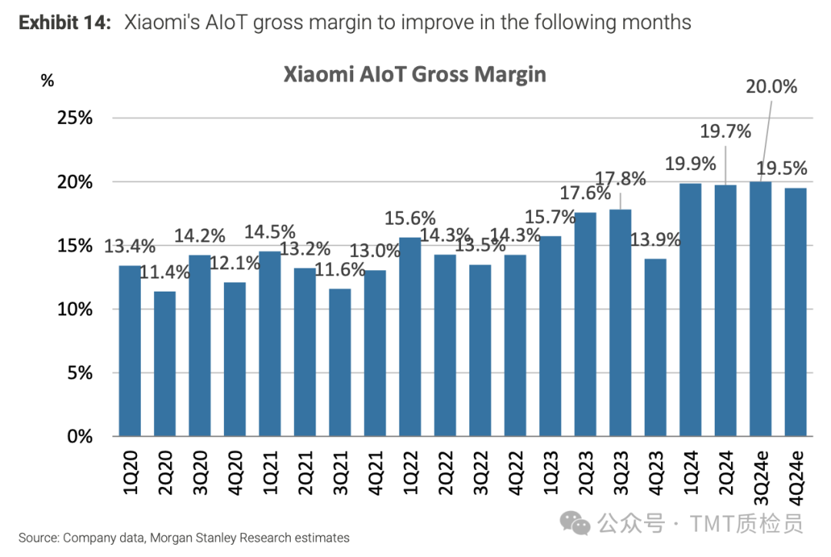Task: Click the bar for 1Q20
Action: point(130,351)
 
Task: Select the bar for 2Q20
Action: point(165,363)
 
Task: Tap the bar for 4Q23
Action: point(656,347)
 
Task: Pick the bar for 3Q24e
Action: point(761,309)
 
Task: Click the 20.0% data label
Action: point(771,87)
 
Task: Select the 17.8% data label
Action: point(620,178)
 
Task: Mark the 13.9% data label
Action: point(656,239)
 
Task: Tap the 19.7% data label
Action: point(725,131)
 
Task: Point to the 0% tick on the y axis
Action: point(78,436)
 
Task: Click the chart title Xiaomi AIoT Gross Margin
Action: point(415,74)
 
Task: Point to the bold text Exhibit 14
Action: point(65,22)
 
